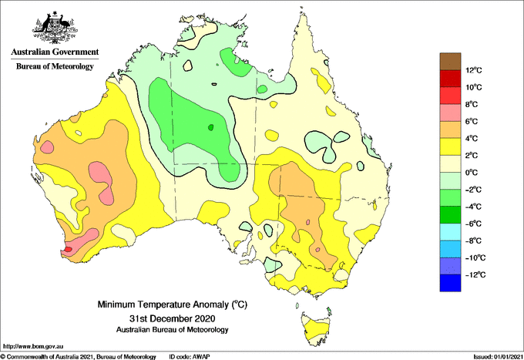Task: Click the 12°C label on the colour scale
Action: [x=474, y=70]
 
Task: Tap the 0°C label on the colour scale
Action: [x=472, y=173]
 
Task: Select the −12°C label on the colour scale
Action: [x=475, y=274]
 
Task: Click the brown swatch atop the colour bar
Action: [x=450, y=62]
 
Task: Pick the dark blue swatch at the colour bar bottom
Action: [x=450, y=283]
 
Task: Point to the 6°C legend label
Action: [x=472, y=121]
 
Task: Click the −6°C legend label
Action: [x=473, y=224]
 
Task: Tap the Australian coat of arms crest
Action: [x=55, y=28]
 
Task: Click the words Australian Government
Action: [x=55, y=52]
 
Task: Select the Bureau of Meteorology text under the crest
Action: [x=55, y=66]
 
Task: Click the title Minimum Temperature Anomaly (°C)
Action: [x=172, y=304]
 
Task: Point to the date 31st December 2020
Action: [x=172, y=318]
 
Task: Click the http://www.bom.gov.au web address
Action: [x=33, y=346]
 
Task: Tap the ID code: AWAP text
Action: [x=190, y=357]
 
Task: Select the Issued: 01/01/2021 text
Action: [x=498, y=357]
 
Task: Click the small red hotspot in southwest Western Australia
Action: [x=68, y=249]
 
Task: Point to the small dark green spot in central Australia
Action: [x=210, y=127]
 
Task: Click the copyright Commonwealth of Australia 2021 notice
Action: [x=78, y=357]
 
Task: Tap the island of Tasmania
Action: [x=316, y=329]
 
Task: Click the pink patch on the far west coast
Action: [x=47, y=146]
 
